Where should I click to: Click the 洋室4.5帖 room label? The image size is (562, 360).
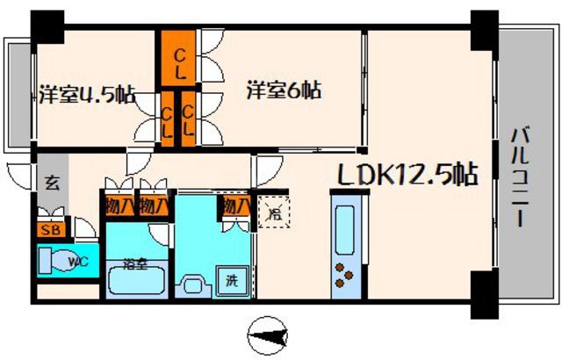pos(87,93)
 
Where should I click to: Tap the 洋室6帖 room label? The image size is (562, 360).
pos(283,90)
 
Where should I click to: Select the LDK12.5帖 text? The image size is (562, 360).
pos(407,175)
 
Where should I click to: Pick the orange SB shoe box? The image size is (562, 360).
pos(49,230)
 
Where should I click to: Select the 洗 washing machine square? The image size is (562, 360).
pos(232,283)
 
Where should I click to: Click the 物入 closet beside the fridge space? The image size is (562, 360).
pos(234,207)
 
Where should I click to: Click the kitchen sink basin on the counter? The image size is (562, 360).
pos(343,229)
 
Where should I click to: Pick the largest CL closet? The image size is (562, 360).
pos(178,59)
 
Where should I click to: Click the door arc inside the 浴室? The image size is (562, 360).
pos(157,234)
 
